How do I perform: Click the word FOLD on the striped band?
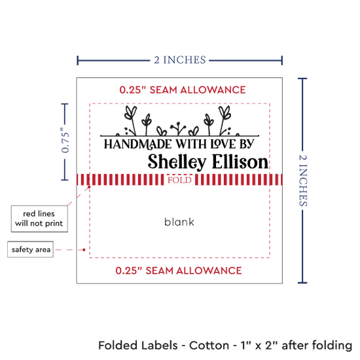[x=179, y=180]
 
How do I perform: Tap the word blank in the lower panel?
[x=179, y=222]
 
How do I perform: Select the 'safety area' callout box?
[x=31, y=249]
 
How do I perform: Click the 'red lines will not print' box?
[x=39, y=219]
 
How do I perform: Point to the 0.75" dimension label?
[x=65, y=141]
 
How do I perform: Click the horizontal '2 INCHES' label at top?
[x=180, y=60]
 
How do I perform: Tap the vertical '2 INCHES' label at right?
[x=303, y=181]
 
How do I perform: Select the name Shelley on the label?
[x=177, y=162]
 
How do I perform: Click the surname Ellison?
[x=240, y=162]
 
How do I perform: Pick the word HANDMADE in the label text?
[x=137, y=144]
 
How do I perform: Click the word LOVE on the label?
[x=223, y=144]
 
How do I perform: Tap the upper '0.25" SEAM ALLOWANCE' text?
[x=183, y=90]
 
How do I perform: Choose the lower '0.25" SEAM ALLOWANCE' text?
[x=179, y=270]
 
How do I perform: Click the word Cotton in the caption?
[x=209, y=346]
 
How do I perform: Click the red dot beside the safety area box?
[x=84, y=249]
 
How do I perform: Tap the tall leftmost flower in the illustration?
[x=131, y=120]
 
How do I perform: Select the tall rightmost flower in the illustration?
[x=224, y=120]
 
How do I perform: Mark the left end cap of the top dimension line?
[x=78, y=60]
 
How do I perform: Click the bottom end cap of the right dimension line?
[x=302, y=282]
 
